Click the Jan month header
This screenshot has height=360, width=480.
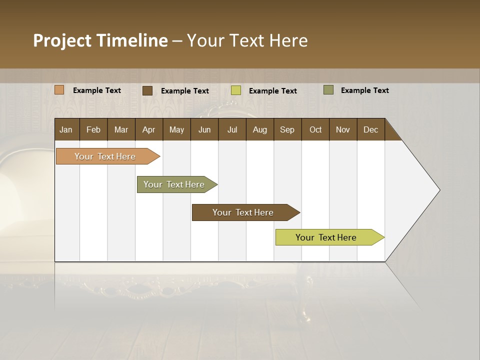coord(66,130)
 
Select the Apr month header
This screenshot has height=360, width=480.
coord(149,130)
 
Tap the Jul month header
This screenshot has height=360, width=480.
coord(232,130)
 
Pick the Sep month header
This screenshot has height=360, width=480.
coord(287,130)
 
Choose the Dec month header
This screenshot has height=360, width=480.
coord(370,130)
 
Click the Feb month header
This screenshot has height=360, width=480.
coord(93,130)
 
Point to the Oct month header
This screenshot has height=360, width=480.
coord(315,130)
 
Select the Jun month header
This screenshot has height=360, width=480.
coord(204,130)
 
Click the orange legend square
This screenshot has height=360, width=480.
coord(59,90)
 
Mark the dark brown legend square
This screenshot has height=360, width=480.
coord(147,90)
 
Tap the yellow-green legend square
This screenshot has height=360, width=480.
coord(236,90)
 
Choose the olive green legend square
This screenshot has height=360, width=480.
coord(328,90)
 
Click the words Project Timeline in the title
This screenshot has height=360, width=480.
coord(100,40)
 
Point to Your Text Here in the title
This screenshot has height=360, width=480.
coord(247,40)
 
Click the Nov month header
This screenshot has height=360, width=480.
coord(343,130)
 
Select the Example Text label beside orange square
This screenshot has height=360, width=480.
coord(97,90)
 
